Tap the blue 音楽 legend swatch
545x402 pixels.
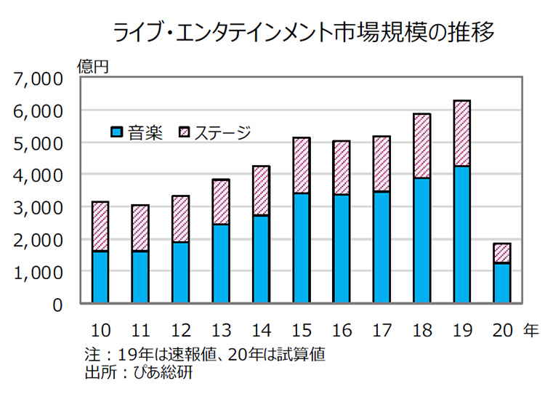116,132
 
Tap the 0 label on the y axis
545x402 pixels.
59,304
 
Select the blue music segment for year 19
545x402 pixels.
460,234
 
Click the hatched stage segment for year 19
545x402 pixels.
460,134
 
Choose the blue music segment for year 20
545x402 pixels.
501,283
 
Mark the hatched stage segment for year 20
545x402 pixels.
501,253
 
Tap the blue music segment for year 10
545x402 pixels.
100,277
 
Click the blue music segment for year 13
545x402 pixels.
221,263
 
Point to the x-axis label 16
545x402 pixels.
341,331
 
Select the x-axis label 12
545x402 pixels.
181,331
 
